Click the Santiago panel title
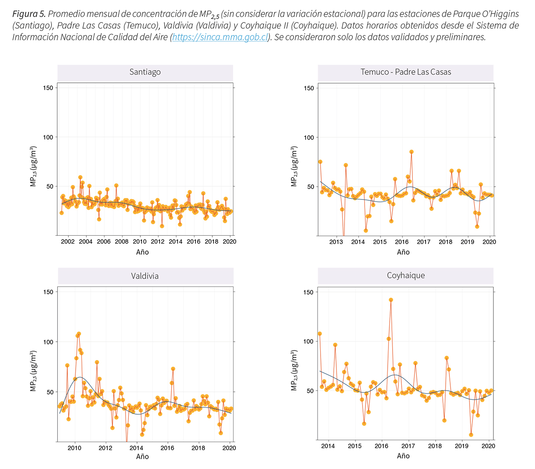point(145,72)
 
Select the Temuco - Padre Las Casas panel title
point(406,72)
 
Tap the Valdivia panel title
point(145,276)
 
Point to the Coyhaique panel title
point(406,276)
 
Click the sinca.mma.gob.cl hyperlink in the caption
point(220,37)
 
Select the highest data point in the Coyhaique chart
point(391,300)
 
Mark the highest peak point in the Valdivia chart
point(79,334)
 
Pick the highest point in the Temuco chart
point(411,152)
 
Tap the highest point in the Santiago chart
point(80,178)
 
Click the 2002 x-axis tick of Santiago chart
point(67,242)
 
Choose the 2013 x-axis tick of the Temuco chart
point(336,242)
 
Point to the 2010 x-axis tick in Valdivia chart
point(74,448)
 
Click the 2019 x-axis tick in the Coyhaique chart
point(462,446)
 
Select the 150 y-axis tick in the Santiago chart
point(48,88)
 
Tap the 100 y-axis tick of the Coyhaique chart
point(309,342)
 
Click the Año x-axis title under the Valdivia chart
point(142,456)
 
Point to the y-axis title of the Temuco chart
point(294,166)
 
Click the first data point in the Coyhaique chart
point(320,334)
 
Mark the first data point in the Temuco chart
point(320,162)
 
